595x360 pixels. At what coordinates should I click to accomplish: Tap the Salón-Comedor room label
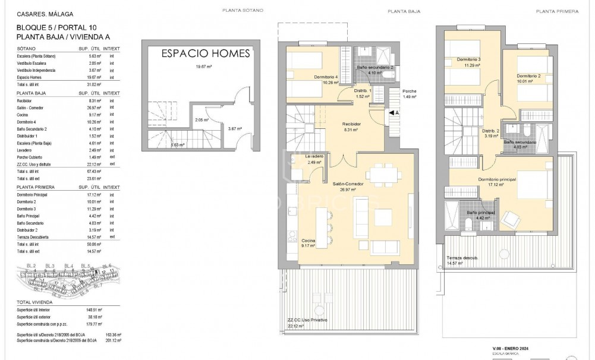pyautogui.click(x=348, y=184)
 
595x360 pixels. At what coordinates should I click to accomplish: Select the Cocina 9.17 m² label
pyautogui.click(x=308, y=242)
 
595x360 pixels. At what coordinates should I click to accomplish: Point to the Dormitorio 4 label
pyautogui.click(x=326, y=78)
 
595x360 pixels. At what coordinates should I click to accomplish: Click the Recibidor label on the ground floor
pyautogui.click(x=352, y=124)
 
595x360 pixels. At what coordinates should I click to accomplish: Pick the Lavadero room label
pyautogui.click(x=314, y=156)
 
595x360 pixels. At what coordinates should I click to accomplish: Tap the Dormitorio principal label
pyautogui.click(x=497, y=179)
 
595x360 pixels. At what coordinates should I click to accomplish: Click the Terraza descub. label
pyautogui.click(x=462, y=258)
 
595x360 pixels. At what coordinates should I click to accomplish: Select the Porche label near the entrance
pyautogui.click(x=410, y=91)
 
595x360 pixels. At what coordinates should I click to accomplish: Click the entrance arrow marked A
pyautogui.click(x=393, y=112)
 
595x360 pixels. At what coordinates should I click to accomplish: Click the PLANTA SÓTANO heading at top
pyautogui.click(x=242, y=11)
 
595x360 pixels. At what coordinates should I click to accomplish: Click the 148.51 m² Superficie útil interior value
pyautogui.click(x=95, y=310)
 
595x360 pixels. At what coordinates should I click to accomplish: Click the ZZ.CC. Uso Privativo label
pyautogui.click(x=307, y=321)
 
